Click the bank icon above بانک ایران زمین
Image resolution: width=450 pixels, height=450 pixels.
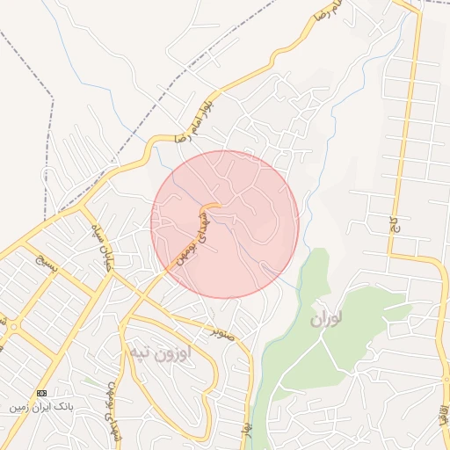41,392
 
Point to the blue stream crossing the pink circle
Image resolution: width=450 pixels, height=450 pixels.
255,251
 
